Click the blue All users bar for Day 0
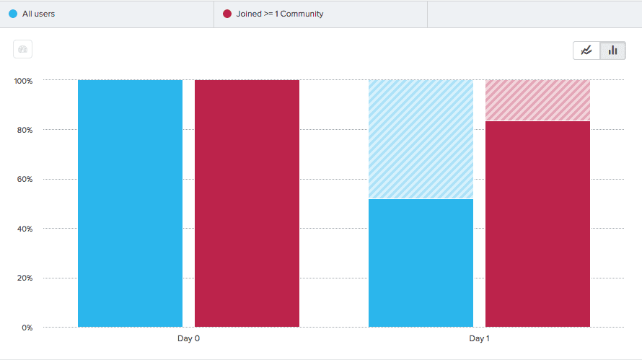[x=130, y=203]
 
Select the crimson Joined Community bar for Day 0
[x=247, y=203]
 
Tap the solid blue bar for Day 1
[x=421, y=263]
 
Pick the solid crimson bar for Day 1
[x=537, y=224]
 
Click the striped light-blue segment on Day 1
[x=421, y=139]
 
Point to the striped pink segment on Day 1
[x=537, y=100]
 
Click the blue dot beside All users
[x=13, y=14]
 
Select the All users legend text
[x=38, y=14]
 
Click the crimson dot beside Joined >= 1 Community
[x=227, y=14]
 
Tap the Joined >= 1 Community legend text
[x=280, y=14]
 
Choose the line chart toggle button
[x=586, y=51]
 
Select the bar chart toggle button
[x=612, y=51]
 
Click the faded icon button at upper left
[x=22, y=50]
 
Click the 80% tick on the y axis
[x=25, y=130]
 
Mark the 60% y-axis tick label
[x=25, y=180]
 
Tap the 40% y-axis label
[x=25, y=229]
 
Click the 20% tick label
[x=25, y=278]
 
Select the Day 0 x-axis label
[x=188, y=338]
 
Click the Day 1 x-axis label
[x=479, y=338]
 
